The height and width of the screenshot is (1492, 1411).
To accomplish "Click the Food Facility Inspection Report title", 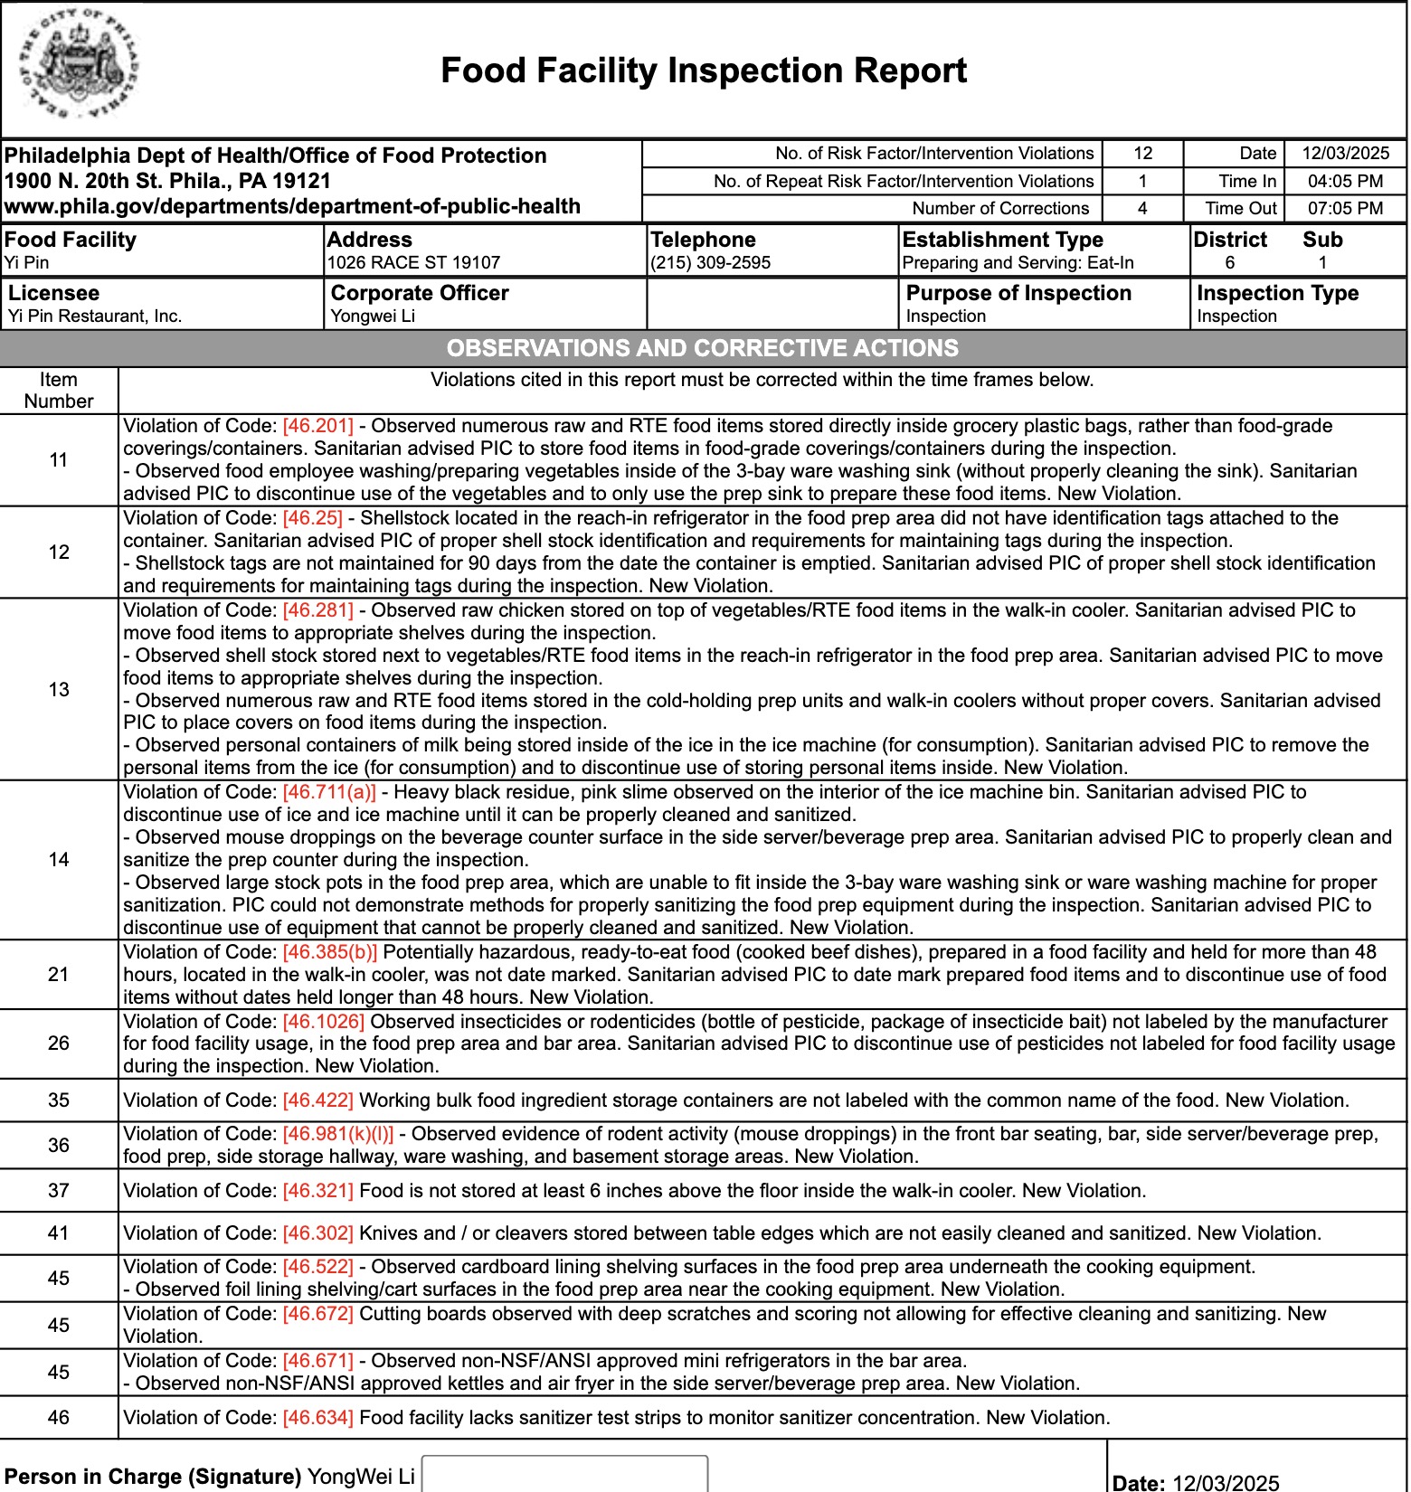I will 703,71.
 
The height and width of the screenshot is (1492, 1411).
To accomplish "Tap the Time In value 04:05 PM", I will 1345,181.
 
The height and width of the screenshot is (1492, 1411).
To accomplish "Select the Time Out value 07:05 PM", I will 1345,208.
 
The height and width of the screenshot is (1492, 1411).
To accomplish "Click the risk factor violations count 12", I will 1142,154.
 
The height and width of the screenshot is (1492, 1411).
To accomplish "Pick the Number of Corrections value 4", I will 1142,208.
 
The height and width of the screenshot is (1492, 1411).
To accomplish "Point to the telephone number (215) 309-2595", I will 710,263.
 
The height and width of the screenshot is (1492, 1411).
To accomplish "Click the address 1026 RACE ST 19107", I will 413,263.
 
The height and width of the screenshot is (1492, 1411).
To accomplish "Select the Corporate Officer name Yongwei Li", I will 373,316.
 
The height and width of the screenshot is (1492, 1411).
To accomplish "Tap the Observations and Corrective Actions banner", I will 703,348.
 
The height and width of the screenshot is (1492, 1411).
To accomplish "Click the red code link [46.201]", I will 317,426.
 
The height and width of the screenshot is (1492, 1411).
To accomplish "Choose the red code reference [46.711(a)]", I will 328,792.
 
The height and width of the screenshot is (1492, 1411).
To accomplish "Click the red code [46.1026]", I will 323,1022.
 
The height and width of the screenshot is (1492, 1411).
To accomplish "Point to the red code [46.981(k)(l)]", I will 337,1134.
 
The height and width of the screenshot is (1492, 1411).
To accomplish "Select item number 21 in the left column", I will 59,974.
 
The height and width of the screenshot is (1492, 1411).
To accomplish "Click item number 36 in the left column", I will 59,1145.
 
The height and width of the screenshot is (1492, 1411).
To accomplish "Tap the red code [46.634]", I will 317,1418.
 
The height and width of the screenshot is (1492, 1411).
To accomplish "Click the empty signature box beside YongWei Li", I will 564,1474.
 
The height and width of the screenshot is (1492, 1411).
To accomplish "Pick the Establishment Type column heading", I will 1002,240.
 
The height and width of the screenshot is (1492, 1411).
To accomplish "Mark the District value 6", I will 1229,263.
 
